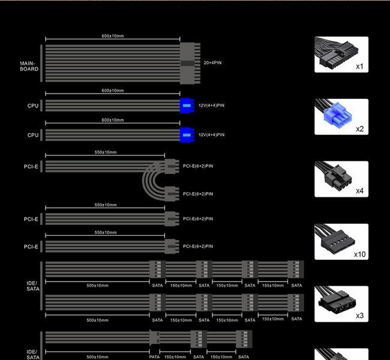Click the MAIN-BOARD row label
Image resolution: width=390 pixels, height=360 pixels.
29,66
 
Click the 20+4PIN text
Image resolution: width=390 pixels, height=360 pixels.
212,62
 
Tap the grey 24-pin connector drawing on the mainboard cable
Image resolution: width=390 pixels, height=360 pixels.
190,64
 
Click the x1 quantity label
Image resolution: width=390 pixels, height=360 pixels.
359,67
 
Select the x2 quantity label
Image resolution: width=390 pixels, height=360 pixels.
359,129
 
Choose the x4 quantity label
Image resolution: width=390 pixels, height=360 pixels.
359,191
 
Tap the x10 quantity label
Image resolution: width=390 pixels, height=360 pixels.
359,254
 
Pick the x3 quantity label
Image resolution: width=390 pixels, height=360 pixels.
359,316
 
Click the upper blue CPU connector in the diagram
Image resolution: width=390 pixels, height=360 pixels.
187,106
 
